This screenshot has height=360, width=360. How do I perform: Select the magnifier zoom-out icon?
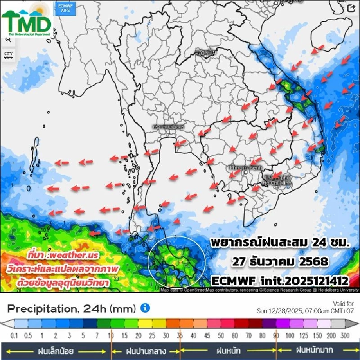coord(8,40)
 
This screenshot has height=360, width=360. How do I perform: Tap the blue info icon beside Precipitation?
coord(145,308)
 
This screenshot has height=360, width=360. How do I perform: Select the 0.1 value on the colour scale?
coord(15,336)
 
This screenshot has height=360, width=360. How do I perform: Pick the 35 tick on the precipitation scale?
coord(180,336)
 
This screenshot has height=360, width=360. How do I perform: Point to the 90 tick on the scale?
coord(276,336)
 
